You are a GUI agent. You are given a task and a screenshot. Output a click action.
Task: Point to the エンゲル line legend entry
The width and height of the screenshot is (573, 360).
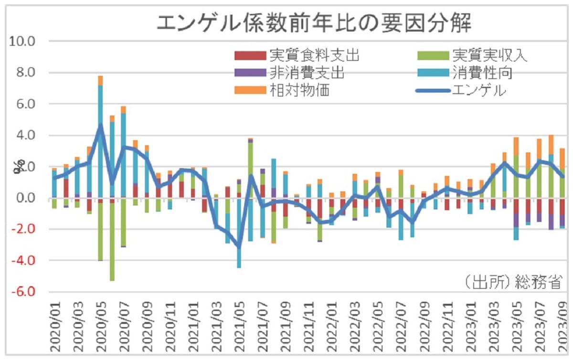[478, 90]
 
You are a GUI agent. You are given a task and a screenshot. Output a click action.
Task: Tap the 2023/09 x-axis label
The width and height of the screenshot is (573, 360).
[562, 324]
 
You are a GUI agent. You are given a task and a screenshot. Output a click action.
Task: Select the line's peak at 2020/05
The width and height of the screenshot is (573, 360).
[100, 125]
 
